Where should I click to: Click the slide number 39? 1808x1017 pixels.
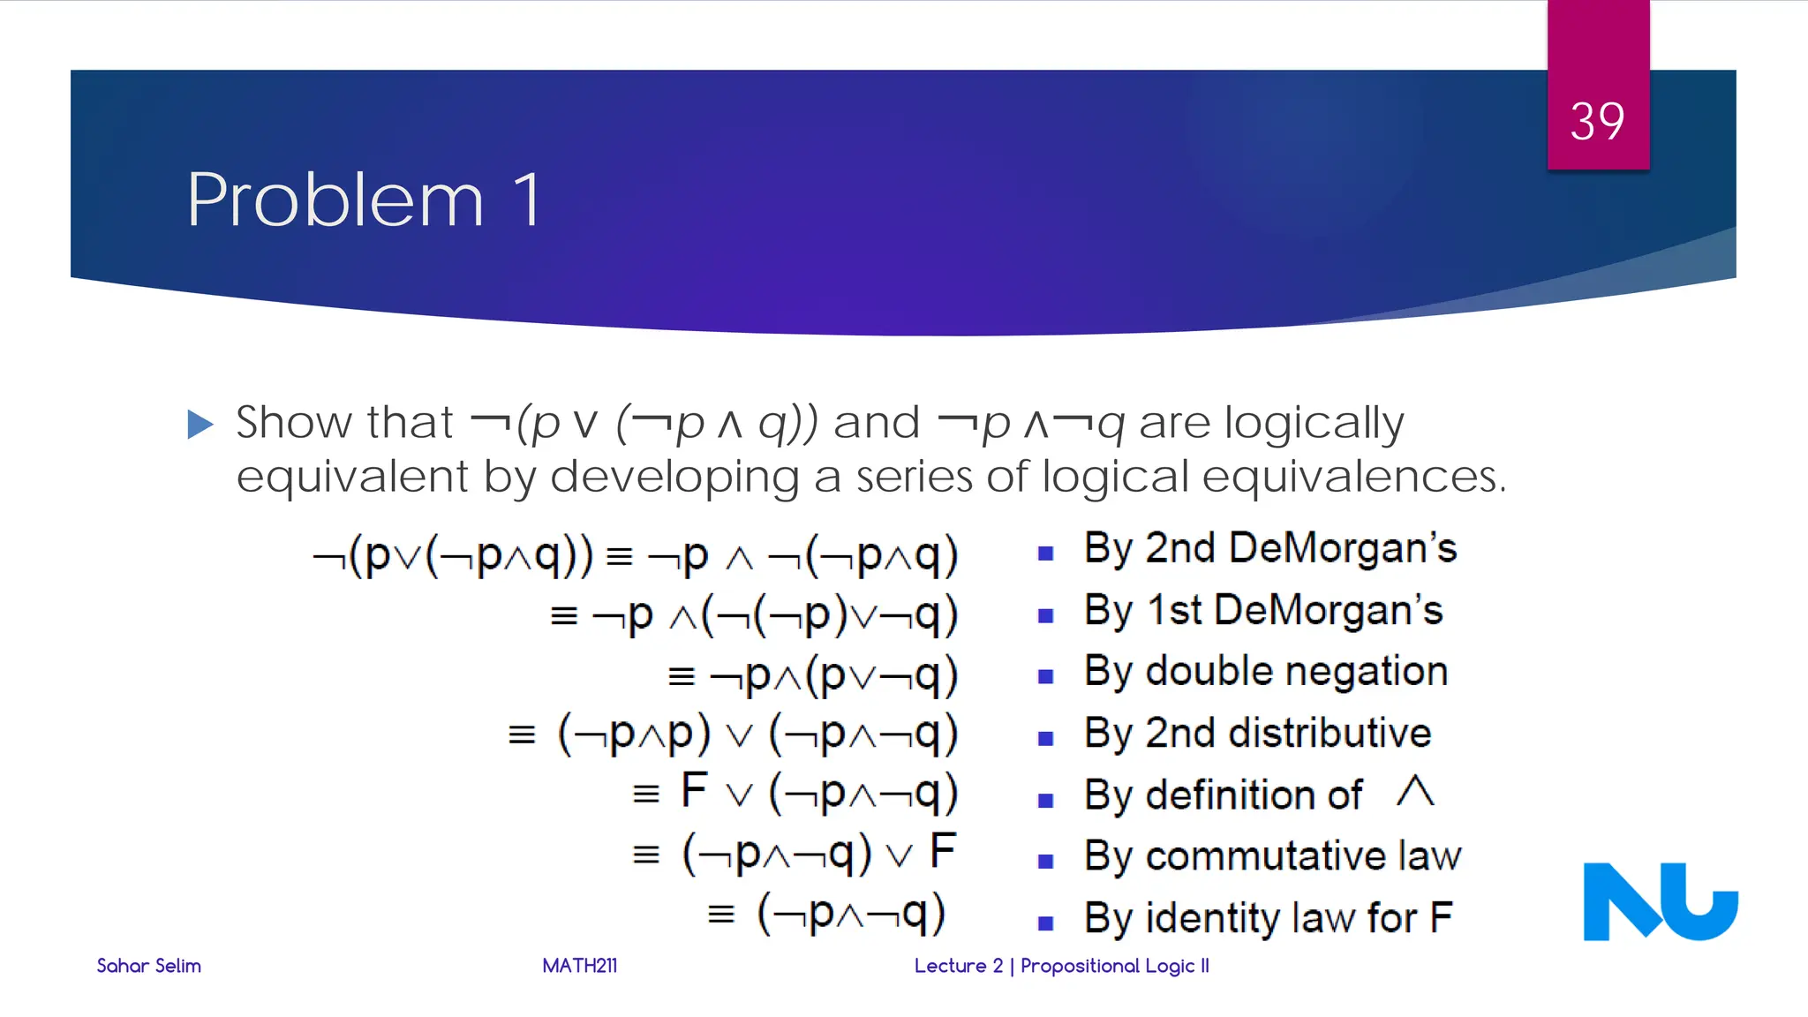(1597, 121)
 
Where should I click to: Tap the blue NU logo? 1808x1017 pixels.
(1660, 901)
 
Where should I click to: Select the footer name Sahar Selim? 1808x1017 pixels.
(148, 966)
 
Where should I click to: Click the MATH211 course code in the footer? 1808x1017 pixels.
(579, 966)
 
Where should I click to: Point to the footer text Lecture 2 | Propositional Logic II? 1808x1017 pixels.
(1061, 966)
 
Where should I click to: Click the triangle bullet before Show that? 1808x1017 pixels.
(200, 425)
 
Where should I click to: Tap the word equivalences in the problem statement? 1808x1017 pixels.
(1352, 477)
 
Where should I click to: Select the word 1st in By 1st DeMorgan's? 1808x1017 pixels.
(1173, 610)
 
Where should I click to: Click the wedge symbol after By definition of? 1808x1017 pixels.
(1415, 791)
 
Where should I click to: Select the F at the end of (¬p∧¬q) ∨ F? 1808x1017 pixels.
(943, 851)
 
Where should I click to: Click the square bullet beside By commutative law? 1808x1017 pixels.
(1046, 862)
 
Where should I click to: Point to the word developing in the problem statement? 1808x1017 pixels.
(674, 477)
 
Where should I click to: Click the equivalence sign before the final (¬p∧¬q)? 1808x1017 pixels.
(721, 915)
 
